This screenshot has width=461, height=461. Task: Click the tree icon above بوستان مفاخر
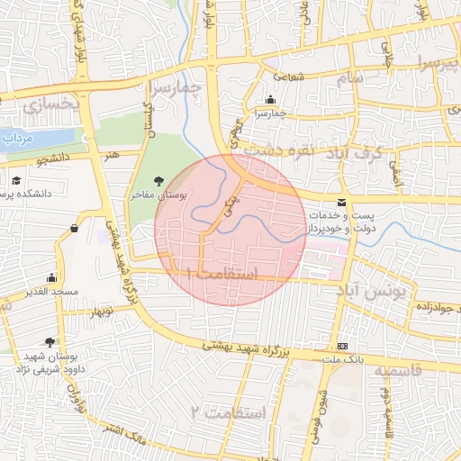coord(159,181)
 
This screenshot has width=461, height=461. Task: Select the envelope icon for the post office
coord(340,203)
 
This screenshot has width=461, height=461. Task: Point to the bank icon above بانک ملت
coord(342,347)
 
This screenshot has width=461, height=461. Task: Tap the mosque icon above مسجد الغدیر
coord(51,277)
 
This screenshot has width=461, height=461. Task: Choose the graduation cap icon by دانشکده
coord(17,181)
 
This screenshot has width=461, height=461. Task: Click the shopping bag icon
coord(73,229)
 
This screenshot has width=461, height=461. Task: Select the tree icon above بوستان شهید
coord(49,342)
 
